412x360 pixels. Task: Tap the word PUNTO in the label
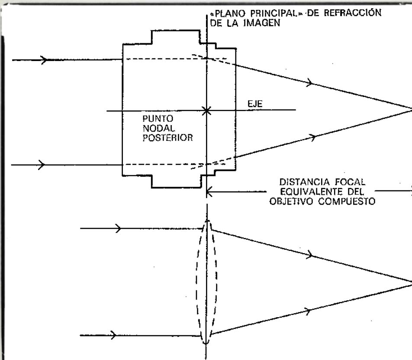click(x=155, y=118)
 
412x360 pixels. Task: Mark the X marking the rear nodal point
click(x=207, y=110)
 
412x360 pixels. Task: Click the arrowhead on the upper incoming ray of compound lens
click(x=43, y=59)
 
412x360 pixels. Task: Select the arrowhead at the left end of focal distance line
click(x=209, y=192)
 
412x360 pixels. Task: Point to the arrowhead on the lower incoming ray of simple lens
click(x=113, y=335)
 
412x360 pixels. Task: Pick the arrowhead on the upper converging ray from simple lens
click(x=309, y=255)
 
